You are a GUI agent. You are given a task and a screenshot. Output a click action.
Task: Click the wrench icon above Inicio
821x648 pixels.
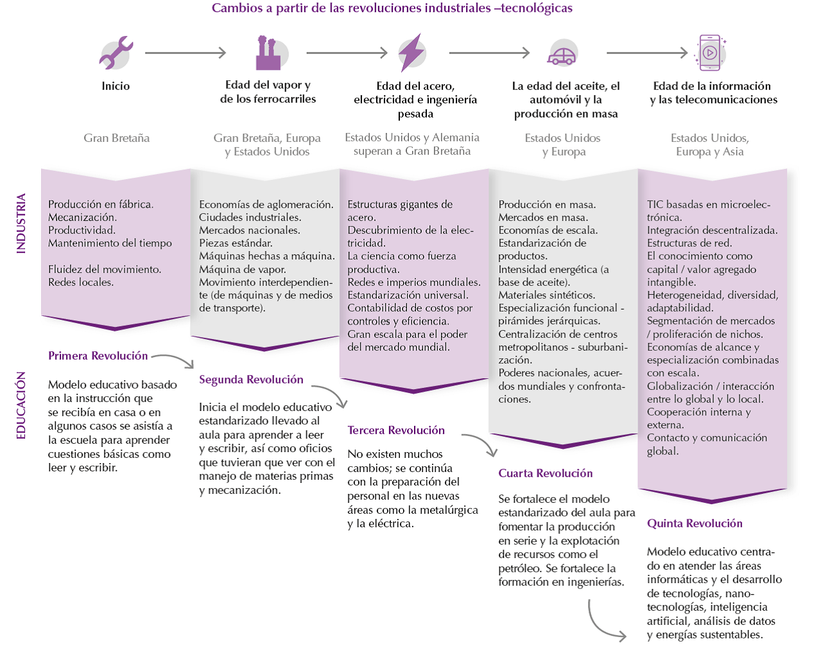pyautogui.click(x=116, y=53)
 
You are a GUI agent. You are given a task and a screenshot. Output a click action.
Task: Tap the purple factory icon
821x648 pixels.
pyautogui.click(x=268, y=53)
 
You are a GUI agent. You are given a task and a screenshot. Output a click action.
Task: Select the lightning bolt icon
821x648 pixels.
pyautogui.click(x=411, y=53)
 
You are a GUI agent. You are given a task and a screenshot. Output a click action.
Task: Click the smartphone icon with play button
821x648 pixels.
pyautogui.click(x=710, y=53)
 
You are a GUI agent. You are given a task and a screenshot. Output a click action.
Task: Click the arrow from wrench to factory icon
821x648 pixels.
pyautogui.click(x=186, y=53)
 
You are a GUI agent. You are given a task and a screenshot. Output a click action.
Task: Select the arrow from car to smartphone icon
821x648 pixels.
pyautogui.click(x=646, y=53)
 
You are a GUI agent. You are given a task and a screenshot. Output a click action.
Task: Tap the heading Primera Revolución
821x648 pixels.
pyautogui.click(x=98, y=356)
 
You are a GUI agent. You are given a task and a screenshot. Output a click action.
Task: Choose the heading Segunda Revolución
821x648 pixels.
pyautogui.click(x=251, y=380)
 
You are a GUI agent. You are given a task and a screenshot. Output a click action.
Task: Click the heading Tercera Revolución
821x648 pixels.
pyautogui.click(x=396, y=430)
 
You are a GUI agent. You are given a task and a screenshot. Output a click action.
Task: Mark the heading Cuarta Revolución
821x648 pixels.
pyautogui.click(x=546, y=473)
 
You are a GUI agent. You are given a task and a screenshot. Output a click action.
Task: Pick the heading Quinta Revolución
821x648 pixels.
pyautogui.click(x=695, y=523)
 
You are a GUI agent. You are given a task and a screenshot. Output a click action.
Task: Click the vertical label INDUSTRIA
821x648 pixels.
pyautogui.click(x=21, y=223)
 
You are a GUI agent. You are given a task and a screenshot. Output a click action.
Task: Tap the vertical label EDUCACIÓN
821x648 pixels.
pyautogui.click(x=21, y=405)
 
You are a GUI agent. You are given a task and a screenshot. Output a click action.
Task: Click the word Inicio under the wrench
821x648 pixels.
pyautogui.click(x=116, y=86)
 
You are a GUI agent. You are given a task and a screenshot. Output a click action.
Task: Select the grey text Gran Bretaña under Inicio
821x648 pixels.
pyautogui.click(x=116, y=138)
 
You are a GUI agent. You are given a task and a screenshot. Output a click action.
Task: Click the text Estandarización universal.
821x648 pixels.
pyautogui.click(x=408, y=295)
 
